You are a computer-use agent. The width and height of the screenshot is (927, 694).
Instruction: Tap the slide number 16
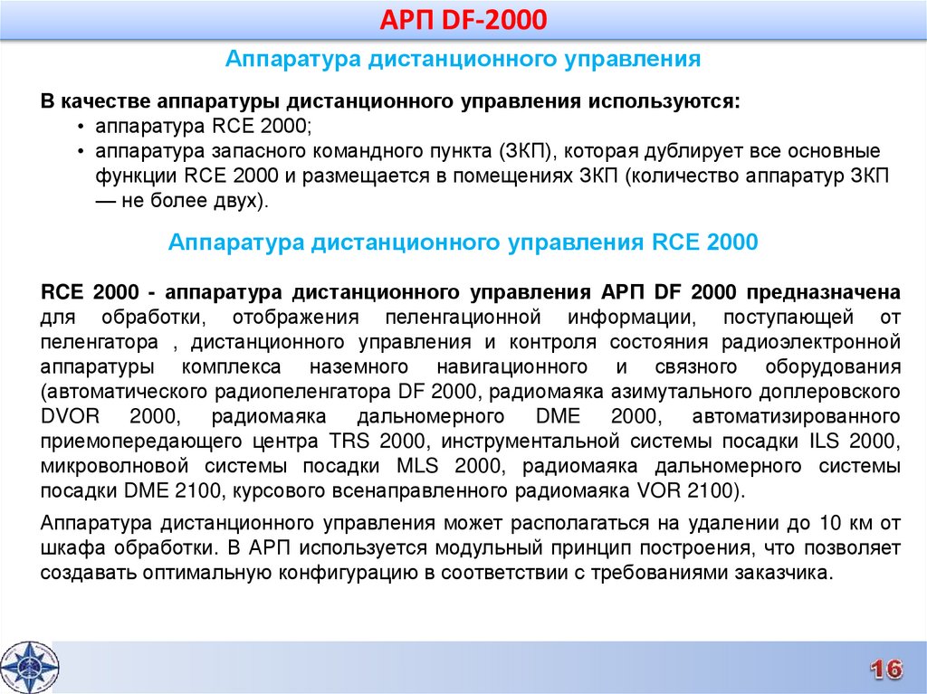tap(886, 669)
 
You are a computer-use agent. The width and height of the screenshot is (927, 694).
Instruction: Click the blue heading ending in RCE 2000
tap(463, 243)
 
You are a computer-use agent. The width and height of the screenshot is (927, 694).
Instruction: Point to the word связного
tap(698, 368)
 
